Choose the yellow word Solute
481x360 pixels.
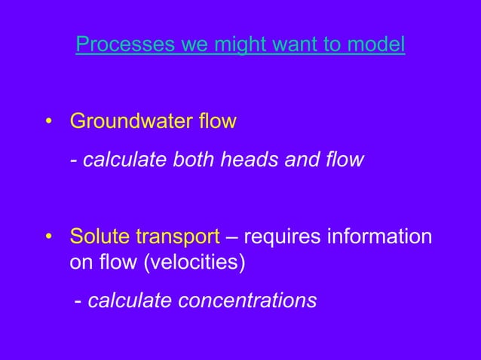point(100,238)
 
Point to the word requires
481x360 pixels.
point(280,238)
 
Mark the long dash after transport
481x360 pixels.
point(231,238)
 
